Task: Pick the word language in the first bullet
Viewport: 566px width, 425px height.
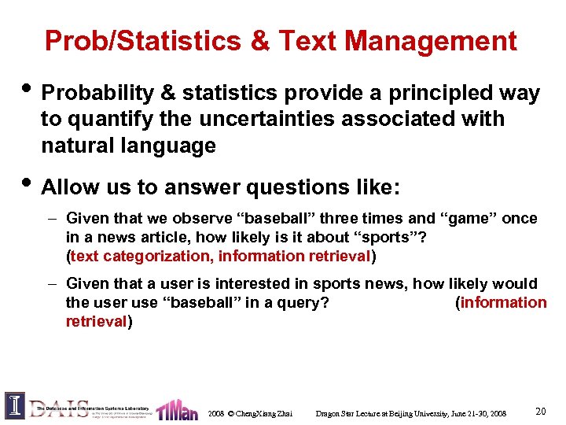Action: click(x=173, y=146)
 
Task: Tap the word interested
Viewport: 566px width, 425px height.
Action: click(x=252, y=283)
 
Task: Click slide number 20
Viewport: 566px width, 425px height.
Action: click(x=540, y=411)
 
